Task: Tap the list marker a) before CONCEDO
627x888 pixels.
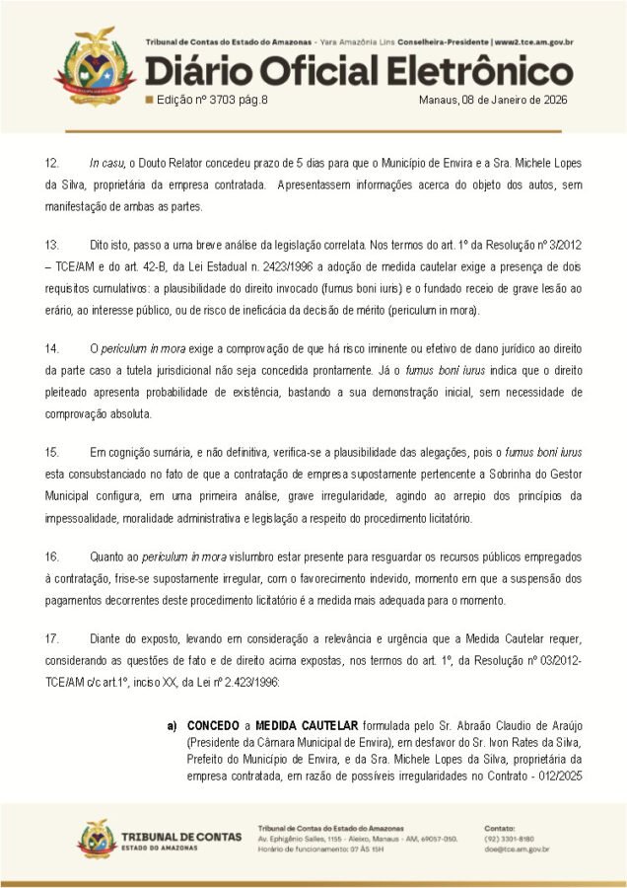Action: tap(172, 726)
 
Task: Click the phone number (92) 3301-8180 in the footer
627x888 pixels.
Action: tap(510, 838)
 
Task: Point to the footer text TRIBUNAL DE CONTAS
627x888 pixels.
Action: tap(180, 837)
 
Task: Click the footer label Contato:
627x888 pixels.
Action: tap(501, 827)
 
